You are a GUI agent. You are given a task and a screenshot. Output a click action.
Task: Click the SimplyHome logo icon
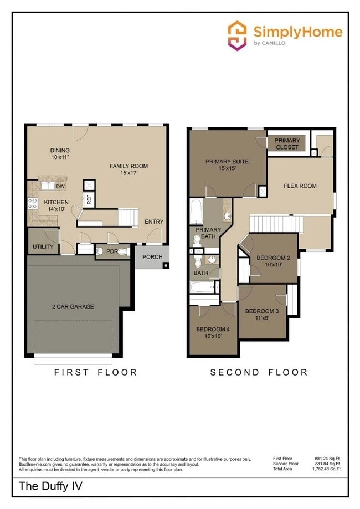(x=238, y=35)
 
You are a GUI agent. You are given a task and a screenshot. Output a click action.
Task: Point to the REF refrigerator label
(x=88, y=200)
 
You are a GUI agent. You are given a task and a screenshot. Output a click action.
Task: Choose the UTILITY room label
(x=43, y=246)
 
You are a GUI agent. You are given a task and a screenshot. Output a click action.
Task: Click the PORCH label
(x=152, y=257)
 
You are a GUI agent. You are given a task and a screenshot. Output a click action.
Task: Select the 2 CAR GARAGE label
(x=73, y=306)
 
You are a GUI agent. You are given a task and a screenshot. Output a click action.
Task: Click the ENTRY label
(x=154, y=222)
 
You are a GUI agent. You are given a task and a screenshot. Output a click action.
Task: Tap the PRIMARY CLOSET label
(x=287, y=144)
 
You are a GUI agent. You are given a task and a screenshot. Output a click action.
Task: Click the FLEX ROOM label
(x=300, y=186)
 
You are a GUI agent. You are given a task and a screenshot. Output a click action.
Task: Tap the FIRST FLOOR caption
(x=95, y=372)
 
